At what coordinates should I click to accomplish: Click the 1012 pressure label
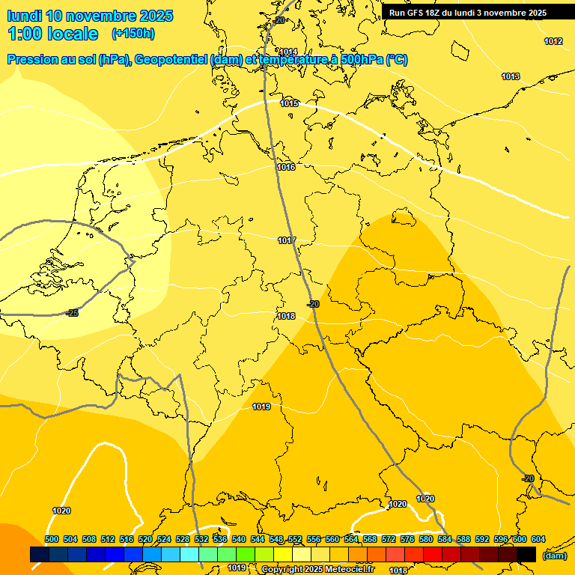click(553, 41)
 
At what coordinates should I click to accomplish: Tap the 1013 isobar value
click(511, 76)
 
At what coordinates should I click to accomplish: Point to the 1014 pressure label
click(289, 52)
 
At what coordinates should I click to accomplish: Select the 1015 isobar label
click(290, 103)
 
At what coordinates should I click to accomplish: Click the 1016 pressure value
click(286, 167)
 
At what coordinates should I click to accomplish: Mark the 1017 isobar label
click(287, 240)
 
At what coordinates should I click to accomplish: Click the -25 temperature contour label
click(72, 313)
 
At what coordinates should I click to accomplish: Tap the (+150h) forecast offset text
click(133, 33)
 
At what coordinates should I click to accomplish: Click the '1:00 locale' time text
click(53, 34)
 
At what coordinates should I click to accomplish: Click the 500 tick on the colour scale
click(52, 539)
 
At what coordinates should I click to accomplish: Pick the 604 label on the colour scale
click(538, 539)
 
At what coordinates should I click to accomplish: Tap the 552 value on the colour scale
click(295, 539)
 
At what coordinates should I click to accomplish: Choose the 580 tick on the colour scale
click(426, 539)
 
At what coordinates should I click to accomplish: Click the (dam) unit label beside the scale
click(554, 556)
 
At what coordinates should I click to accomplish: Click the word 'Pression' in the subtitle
click(33, 60)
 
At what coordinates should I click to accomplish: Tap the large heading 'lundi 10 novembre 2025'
click(90, 16)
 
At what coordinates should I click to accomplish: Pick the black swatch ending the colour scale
click(526, 555)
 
